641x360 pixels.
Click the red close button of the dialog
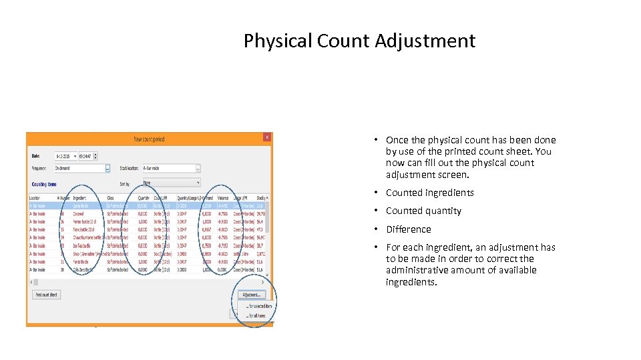pyautogui.click(x=266, y=137)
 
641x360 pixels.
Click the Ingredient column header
pyautogui.click(x=80, y=198)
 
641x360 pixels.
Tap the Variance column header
pyautogui.click(x=223, y=198)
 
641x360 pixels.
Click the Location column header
pyautogui.click(x=35, y=198)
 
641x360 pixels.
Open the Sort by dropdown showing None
pyautogui.click(x=171, y=182)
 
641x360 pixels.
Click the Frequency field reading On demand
pyautogui.click(x=80, y=169)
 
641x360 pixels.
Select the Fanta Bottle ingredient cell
pyautogui.click(x=83, y=262)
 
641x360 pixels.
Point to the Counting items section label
pyautogui.click(x=44, y=183)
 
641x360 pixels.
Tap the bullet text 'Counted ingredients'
pyautogui.click(x=429, y=193)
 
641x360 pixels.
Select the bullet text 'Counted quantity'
pyautogui.click(x=423, y=211)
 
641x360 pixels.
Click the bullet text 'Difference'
pyautogui.click(x=408, y=229)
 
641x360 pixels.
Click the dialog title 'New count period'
pyautogui.click(x=149, y=139)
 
